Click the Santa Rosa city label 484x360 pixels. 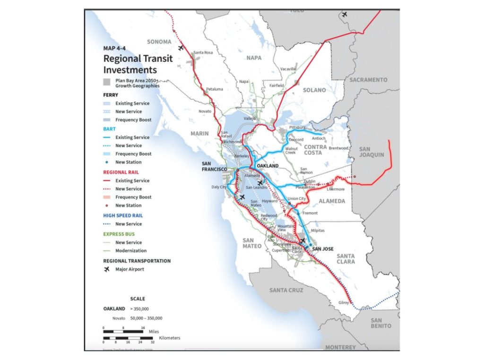pos(203,52)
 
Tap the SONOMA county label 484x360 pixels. pos(159,42)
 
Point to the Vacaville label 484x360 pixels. pos(287,69)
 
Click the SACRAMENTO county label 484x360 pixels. pos(368,80)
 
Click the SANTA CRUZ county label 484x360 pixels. pos(286,290)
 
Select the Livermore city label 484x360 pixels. pos(336,189)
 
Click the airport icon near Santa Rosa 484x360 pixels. pos(180,48)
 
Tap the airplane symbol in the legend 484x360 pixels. pos(107,269)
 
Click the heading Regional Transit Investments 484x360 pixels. pos(138,64)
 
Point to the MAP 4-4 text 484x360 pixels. pos(115,48)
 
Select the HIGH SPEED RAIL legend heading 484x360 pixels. pos(122,215)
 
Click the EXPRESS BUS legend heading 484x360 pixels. pos(119,233)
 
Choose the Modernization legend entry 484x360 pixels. pos(131,251)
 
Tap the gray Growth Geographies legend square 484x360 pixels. pos(107,83)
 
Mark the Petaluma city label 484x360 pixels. pos(214,89)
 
